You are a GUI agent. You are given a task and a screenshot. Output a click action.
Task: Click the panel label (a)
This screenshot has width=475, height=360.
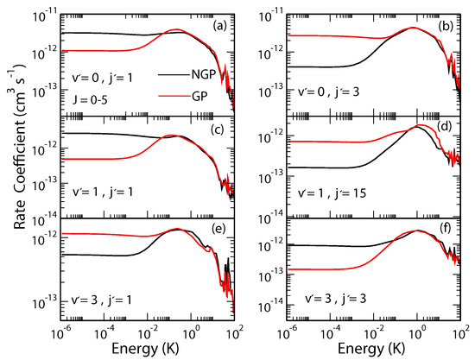click(220, 26)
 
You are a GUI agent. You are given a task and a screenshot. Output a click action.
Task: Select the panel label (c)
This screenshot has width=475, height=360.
click(220, 130)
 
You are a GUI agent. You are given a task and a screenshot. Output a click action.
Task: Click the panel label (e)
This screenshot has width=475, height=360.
click(220, 234)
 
